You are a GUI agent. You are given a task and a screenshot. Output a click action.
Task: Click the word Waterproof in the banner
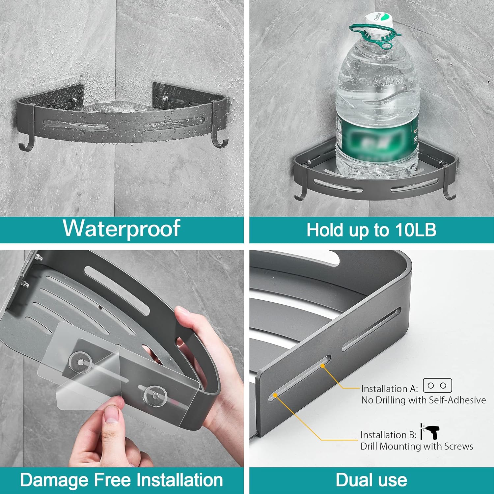click(x=122, y=228)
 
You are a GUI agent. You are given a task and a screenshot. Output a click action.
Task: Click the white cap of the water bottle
click(x=378, y=21)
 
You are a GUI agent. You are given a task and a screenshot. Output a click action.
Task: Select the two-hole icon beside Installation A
click(x=437, y=385)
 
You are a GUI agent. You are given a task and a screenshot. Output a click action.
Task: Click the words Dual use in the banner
click(x=371, y=480)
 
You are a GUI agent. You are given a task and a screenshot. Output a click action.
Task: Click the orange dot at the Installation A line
click(x=323, y=366)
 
